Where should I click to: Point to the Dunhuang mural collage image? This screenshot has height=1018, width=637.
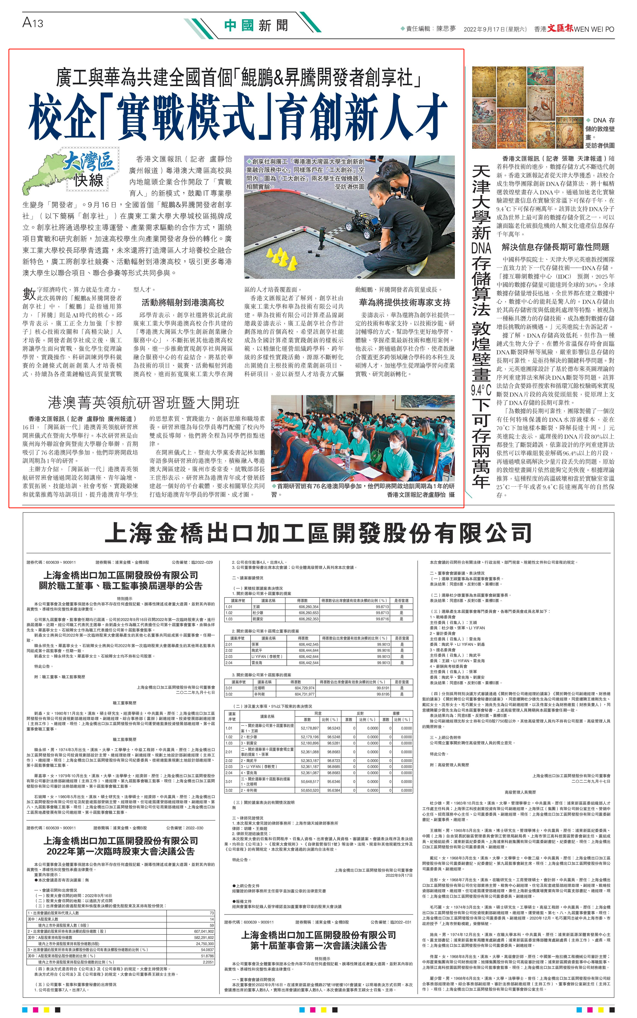click(x=528, y=107)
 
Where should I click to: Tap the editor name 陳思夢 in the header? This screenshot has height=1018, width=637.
click(x=446, y=29)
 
